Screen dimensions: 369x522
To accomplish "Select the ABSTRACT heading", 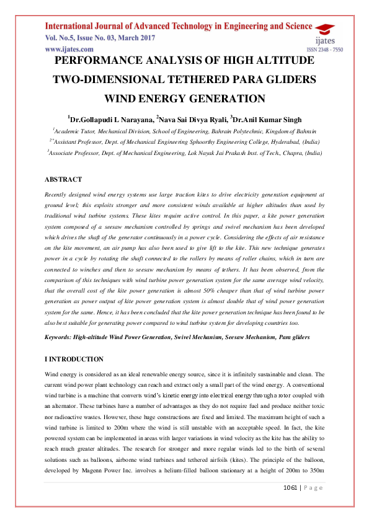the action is [63, 179].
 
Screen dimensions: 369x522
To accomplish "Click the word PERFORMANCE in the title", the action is [103, 61].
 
